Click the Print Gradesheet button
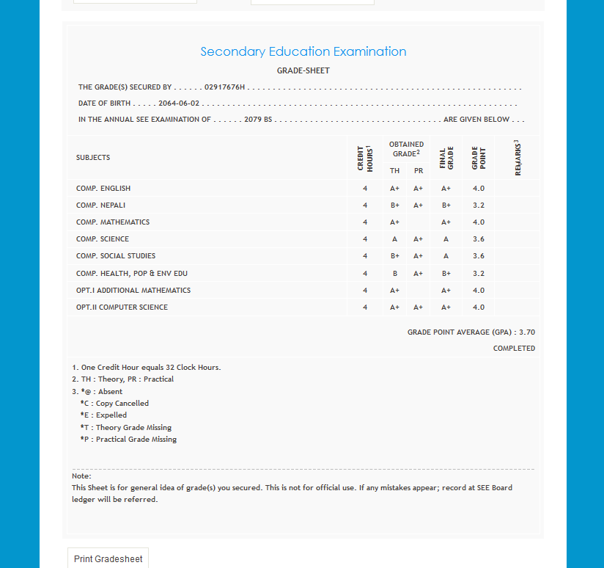pos(108,558)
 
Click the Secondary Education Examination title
pos(303,51)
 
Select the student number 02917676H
pos(225,87)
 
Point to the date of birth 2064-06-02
pos(179,103)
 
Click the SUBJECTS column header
pos(93,158)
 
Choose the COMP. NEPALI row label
pos(103,205)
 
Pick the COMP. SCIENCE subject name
pos(103,239)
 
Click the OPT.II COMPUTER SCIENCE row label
pos(122,307)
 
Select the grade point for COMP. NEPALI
pos(479,205)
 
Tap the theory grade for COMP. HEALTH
pos(394,274)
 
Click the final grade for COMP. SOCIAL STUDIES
pos(446,256)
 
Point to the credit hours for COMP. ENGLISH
pos(365,189)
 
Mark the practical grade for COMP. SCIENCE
pos(419,239)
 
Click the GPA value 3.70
pos(527,332)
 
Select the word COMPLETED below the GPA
pos(514,349)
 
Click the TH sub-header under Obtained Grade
pos(394,171)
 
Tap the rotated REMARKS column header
pos(518,157)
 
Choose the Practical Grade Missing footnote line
pos(128,440)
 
